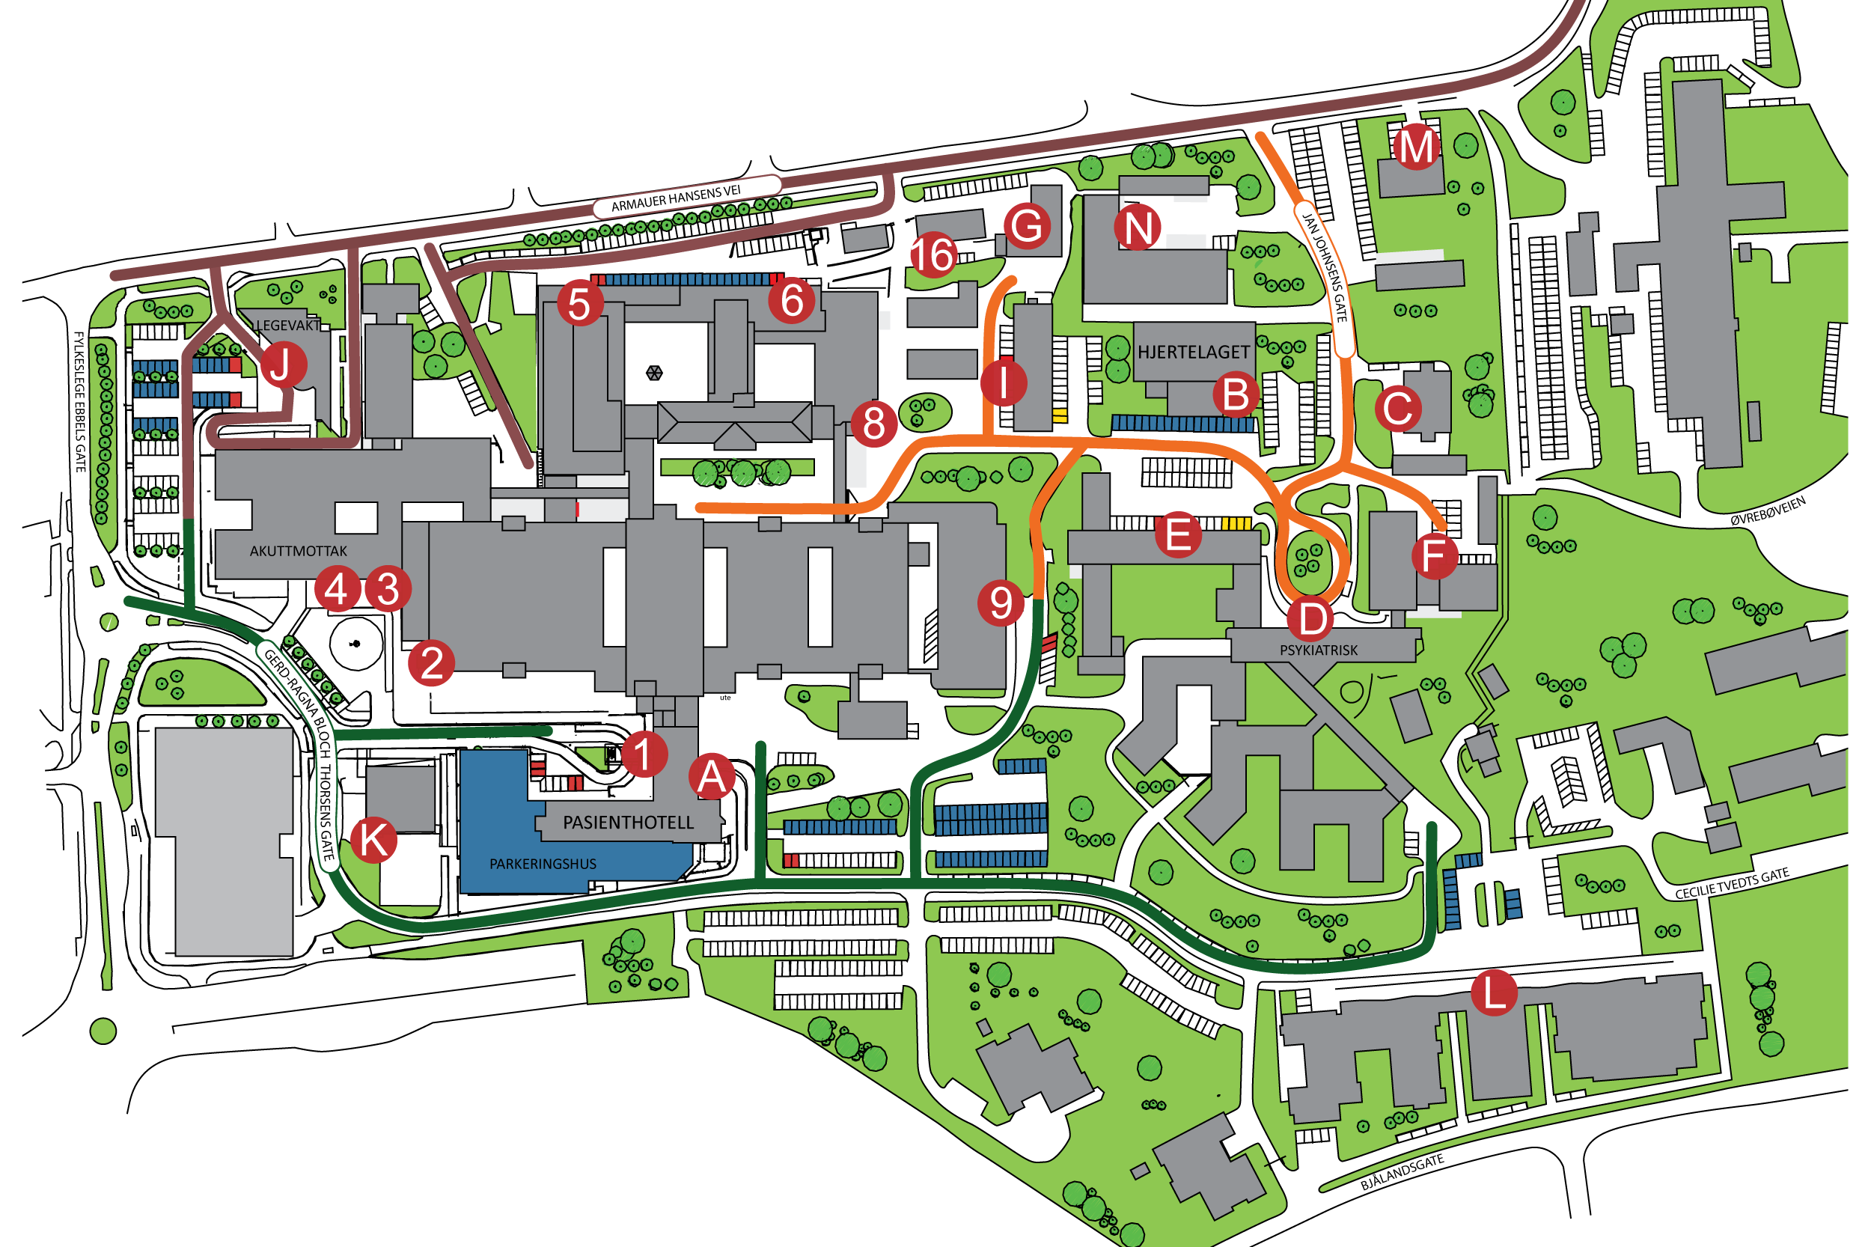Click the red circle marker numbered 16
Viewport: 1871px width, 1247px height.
[x=931, y=254]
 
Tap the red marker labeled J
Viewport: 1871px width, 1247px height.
[x=282, y=365]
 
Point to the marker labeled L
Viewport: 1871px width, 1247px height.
[x=1492, y=993]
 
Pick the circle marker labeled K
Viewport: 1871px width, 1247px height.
[x=372, y=839]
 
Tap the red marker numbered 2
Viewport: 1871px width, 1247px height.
[x=431, y=662]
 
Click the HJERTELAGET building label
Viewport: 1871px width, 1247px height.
[x=1193, y=352]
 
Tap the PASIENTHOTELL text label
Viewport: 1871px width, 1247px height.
[x=627, y=823]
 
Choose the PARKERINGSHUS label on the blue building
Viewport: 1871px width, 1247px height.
[x=543, y=864]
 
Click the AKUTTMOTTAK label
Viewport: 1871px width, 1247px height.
[x=298, y=550]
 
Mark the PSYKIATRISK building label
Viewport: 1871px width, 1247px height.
[x=1318, y=650]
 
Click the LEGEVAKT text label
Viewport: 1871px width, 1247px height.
[x=288, y=326]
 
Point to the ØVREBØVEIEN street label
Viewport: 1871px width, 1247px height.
[x=1767, y=510]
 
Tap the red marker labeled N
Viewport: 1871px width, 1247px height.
[x=1136, y=228]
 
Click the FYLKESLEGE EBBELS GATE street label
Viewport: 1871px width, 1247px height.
[x=79, y=402]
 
